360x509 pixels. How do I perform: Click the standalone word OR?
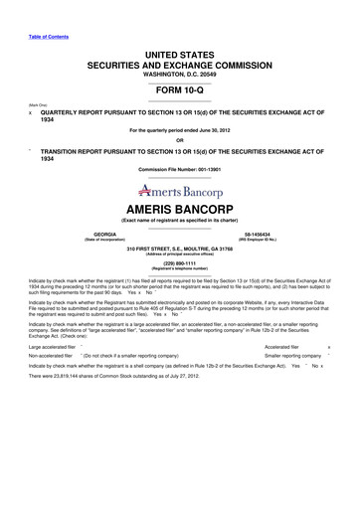click(180, 140)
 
